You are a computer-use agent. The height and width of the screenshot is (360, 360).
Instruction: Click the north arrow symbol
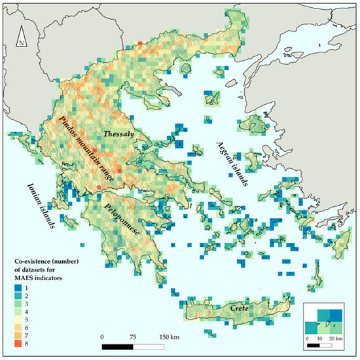coord(22,37)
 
